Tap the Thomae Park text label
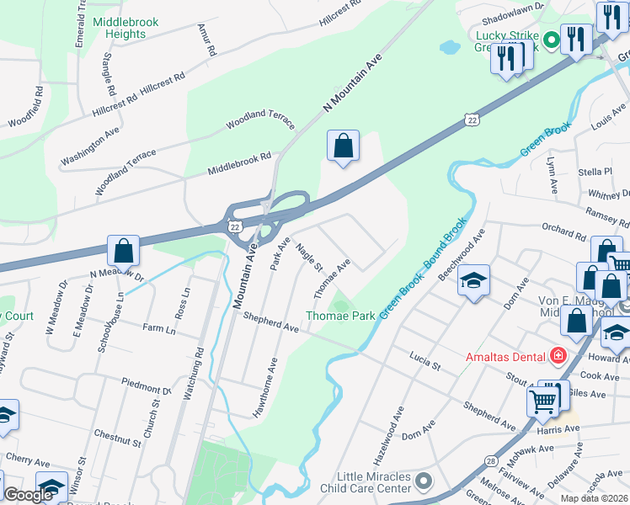point(340,316)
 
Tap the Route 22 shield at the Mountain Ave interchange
point(234,227)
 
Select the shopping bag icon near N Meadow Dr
point(123,251)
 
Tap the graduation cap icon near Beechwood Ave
point(474,281)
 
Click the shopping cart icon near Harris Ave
point(543,401)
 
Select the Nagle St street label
point(309,257)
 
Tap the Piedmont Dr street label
point(147,387)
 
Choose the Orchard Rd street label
point(563,233)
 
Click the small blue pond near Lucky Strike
point(450,47)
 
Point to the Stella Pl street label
point(595,173)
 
